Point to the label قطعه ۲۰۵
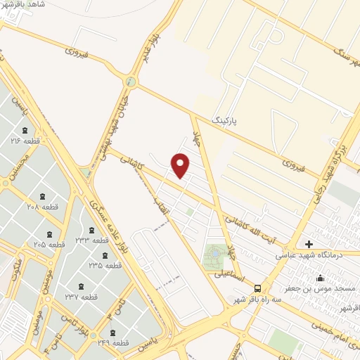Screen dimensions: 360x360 [x=49, y=244]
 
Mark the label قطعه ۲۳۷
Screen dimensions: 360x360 [x=79, y=297]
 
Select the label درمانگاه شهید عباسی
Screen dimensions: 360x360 [x=306, y=255]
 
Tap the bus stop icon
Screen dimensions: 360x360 [x=258, y=288]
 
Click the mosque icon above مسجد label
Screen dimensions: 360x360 [x=321, y=277]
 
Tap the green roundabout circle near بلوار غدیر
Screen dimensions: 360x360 [x=130, y=82]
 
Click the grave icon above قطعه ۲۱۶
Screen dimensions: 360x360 [x=25, y=130]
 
